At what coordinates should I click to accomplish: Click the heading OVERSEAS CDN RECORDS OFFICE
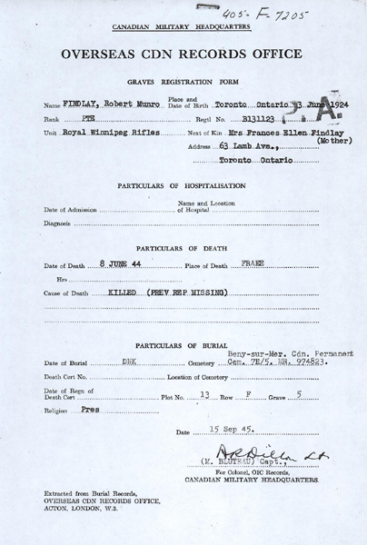pos(183,54)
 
